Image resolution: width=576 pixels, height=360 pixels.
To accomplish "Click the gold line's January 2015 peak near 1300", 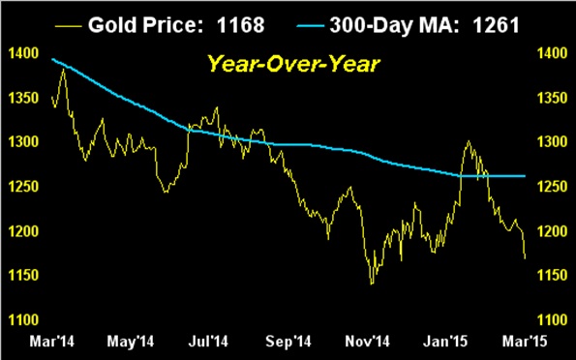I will [469, 141].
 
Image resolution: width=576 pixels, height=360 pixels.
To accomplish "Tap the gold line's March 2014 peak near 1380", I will [63, 70].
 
